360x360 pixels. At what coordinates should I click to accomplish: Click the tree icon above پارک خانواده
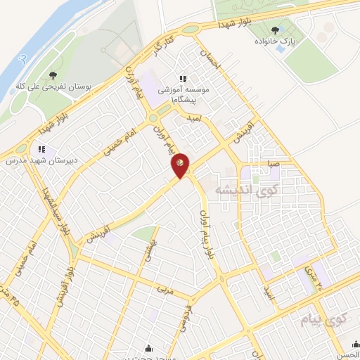coord(274,30)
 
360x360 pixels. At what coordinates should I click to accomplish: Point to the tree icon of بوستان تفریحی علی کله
coord(53,75)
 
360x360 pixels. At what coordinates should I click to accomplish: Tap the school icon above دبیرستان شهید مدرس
coord(41,149)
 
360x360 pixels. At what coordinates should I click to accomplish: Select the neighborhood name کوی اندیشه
coord(221,188)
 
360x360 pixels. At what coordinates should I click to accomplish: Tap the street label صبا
coord(273,163)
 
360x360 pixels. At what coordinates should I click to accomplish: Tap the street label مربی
coord(165,289)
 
